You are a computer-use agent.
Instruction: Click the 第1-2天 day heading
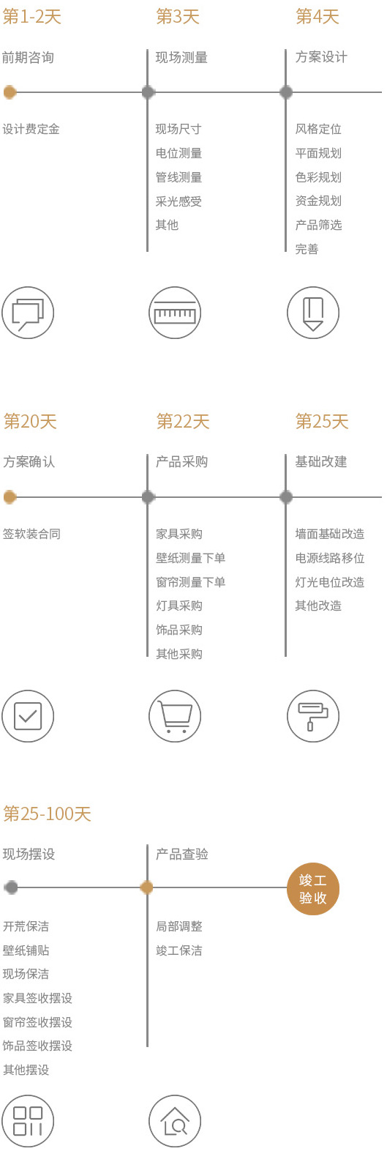(32, 17)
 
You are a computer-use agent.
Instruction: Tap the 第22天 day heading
(183, 422)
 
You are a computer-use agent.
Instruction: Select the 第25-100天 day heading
(47, 814)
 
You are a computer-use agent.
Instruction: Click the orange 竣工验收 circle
(313, 889)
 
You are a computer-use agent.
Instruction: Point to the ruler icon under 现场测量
(175, 313)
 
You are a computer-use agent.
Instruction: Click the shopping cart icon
(175, 716)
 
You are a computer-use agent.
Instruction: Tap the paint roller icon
(313, 716)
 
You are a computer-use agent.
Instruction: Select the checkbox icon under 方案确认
(28, 716)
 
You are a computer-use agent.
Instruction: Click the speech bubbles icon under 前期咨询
(28, 313)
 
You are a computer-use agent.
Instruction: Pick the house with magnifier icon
(175, 1121)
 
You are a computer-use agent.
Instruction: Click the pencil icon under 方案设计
(313, 313)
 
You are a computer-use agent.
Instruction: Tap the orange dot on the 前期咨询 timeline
(10, 92)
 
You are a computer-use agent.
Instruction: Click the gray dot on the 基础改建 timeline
(286, 497)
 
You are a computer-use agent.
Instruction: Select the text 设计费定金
(31, 129)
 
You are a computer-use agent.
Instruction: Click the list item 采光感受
(179, 201)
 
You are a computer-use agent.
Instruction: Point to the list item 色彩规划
(318, 177)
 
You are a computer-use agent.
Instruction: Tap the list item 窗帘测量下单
(190, 582)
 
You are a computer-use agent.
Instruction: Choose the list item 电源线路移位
(330, 558)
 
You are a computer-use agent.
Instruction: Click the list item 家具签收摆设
(37, 998)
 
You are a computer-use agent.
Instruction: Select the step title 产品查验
(181, 855)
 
